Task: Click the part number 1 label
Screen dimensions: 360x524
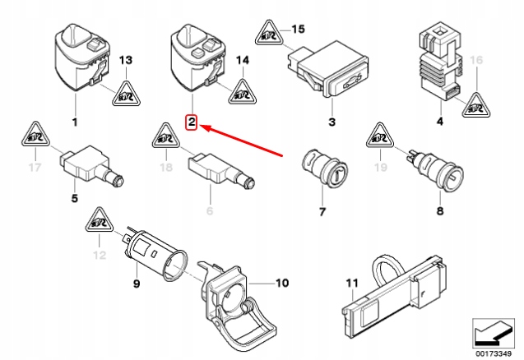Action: point(75,123)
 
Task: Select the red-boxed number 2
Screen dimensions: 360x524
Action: point(191,123)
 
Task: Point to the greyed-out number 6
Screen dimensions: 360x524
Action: point(208,210)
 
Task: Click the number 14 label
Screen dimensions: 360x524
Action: point(243,61)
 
